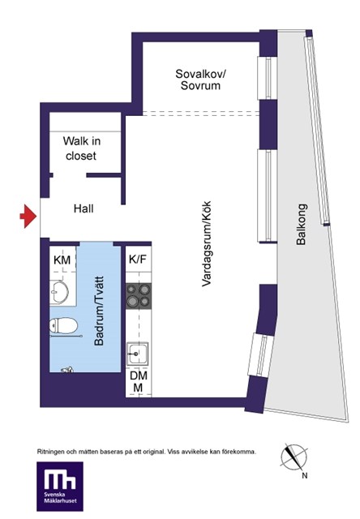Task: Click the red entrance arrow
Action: pyautogui.click(x=28, y=217)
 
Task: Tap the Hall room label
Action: pyautogui.click(x=84, y=209)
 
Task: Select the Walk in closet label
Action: pyautogui.click(x=81, y=148)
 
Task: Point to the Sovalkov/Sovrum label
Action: pyautogui.click(x=200, y=79)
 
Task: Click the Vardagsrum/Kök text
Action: pyautogui.click(x=207, y=243)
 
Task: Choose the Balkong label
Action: pyautogui.click(x=302, y=224)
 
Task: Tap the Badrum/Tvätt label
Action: pyautogui.click(x=99, y=311)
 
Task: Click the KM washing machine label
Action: pyautogui.click(x=62, y=259)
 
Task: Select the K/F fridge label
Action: pyautogui.click(x=137, y=259)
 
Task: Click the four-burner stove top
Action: pyautogui.click(x=139, y=296)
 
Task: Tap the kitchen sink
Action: pyautogui.click(x=137, y=354)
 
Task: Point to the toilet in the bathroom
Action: pyautogui.click(x=63, y=325)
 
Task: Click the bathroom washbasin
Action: pyautogui.click(x=59, y=292)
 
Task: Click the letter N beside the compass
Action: pyautogui.click(x=305, y=476)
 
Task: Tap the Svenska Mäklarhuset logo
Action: pyautogui.click(x=60, y=487)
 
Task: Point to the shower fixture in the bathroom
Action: pyautogui.click(x=67, y=370)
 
